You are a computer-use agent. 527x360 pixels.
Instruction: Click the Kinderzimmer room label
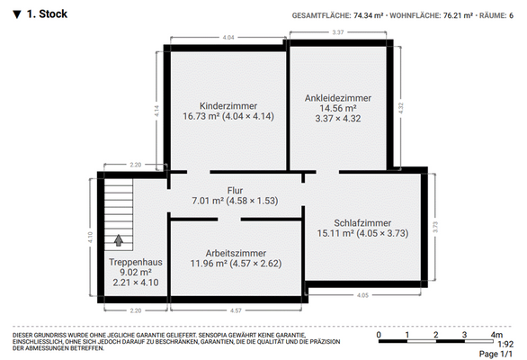(228, 104)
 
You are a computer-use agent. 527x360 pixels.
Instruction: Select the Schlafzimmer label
(362, 222)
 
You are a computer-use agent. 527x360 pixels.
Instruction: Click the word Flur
(236, 190)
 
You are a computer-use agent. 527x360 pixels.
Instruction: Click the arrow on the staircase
(118, 240)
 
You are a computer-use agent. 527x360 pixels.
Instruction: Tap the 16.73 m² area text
(199, 116)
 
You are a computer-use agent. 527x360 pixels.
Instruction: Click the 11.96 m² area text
(206, 264)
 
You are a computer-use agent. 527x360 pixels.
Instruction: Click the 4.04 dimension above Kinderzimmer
(228, 37)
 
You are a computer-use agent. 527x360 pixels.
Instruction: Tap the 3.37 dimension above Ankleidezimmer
(338, 32)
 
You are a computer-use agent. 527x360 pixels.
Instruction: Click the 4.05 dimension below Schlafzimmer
(363, 294)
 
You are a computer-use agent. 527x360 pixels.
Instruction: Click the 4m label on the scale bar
(496, 335)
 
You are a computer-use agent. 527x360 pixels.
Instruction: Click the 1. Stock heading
(46, 14)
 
